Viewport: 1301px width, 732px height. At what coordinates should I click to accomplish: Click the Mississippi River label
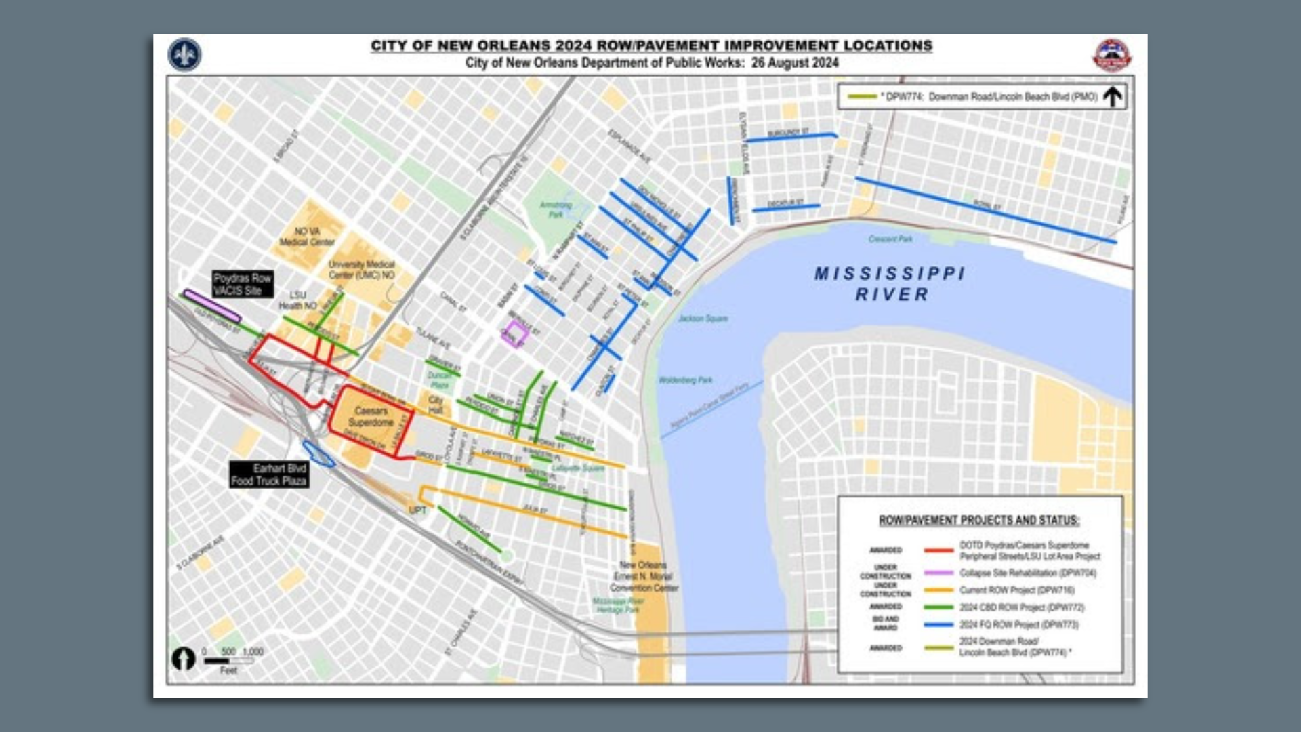coord(890,284)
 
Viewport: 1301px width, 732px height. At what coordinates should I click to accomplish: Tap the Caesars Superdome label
coord(371,417)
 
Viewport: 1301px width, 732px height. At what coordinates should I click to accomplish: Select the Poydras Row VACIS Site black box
coord(243,284)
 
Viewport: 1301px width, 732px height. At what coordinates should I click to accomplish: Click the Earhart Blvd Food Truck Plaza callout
coord(269,474)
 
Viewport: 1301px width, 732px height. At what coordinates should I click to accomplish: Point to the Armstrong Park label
coord(556,209)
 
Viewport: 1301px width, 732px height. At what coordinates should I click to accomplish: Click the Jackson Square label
coord(703,318)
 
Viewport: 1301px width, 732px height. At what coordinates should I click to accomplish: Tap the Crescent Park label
coord(890,239)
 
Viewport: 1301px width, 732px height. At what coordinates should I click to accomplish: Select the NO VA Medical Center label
coord(307,237)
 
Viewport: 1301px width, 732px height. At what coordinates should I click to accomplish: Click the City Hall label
coord(436,405)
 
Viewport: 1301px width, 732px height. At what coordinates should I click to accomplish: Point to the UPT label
coord(417,510)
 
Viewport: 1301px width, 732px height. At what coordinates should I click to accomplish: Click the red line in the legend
coord(938,550)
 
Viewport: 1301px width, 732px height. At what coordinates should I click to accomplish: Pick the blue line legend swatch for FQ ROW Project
coord(938,624)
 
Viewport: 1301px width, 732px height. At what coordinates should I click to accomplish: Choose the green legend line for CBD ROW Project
coord(938,607)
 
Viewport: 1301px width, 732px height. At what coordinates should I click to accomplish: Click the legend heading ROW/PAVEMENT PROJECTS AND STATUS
coord(978,521)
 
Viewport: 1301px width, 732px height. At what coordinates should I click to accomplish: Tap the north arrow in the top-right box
coord(1112,97)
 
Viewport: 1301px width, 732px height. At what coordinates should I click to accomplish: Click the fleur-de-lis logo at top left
coord(184,55)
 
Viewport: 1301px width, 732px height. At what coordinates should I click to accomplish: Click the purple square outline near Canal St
coord(515,333)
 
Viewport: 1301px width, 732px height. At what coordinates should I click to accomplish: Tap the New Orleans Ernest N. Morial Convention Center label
coord(643,576)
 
